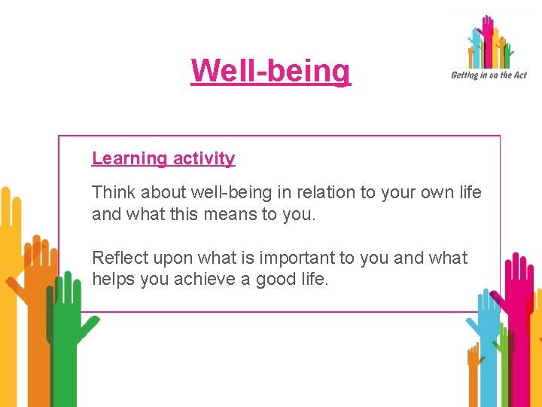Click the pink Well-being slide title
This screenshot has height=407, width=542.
(x=271, y=71)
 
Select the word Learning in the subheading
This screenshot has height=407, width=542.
(x=129, y=158)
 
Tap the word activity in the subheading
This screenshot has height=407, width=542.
(x=204, y=158)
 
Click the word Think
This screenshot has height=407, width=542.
(x=111, y=192)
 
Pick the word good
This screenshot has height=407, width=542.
(x=276, y=280)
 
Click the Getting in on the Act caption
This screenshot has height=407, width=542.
(x=489, y=75)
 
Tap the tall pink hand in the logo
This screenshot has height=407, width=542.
(x=488, y=38)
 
